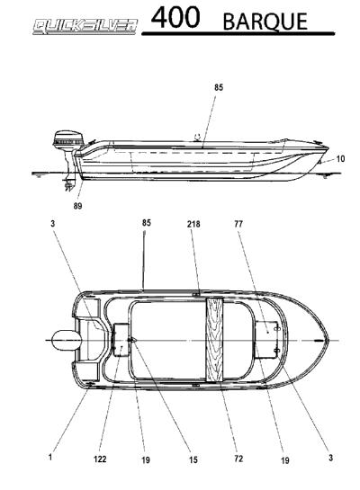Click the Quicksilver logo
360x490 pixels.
pyautogui.click(x=85, y=26)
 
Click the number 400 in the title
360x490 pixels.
pyautogui.click(x=175, y=18)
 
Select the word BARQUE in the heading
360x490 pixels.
pyautogui.click(x=265, y=22)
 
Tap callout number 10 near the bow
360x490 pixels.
pyautogui.click(x=340, y=159)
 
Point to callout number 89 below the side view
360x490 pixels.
pyautogui.click(x=78, y=206)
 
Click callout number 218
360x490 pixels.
pyautogui.click(x=193, y=224)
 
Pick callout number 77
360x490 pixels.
pyautogui.click(x=238, y=224)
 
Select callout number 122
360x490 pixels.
pyautogui.click(x=100, y=459)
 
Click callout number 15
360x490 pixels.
pyautogui.click(x=193, y=459)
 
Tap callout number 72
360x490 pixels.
pyautogui.click(x=238, y=459)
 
